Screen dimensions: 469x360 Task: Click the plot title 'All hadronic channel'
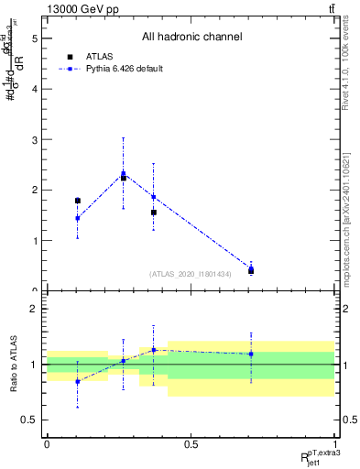coord(191,37)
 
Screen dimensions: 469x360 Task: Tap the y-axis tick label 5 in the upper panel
coord(34,39)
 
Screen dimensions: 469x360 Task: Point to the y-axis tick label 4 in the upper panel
coord(34,90)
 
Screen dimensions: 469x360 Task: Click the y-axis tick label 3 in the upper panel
coord(34,140)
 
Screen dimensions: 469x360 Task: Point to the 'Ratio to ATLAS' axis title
coord(12,364)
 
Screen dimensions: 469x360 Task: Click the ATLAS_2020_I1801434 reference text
coord(190,274)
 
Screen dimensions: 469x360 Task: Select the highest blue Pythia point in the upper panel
coord(124,173)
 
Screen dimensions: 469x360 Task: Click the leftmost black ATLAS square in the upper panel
coord(78,201)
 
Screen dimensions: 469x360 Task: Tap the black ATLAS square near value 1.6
coord(154,213)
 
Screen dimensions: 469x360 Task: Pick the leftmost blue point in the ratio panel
coord(78,381)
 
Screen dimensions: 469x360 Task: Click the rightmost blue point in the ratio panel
coord(251,354)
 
